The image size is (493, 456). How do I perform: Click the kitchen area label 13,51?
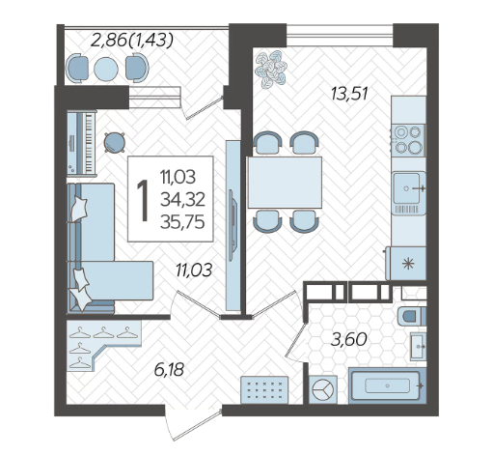coord(349,94)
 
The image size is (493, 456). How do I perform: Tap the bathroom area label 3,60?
coord(349,339)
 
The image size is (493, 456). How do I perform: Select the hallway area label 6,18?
coord(169,370)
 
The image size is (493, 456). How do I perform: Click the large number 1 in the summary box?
coord(143,200)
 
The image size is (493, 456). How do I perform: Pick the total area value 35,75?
coord(182,222)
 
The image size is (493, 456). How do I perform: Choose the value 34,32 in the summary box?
coord(182,200)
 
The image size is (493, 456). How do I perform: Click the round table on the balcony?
coord(106,69)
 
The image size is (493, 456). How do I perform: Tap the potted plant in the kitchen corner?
coord(271,69)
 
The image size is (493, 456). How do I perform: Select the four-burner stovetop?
coord(408,139)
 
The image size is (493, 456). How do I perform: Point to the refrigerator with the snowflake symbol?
coord(406,264)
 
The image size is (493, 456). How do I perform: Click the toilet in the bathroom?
coord(412,316)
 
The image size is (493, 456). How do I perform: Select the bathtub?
coord(387,385)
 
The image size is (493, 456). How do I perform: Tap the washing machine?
coord(323,389)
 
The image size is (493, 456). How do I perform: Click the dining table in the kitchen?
coord(285,183)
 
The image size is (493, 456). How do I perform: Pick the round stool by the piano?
coord(114,142)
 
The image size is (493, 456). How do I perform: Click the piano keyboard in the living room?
coord(82,143)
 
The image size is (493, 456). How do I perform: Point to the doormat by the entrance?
coord(264,389)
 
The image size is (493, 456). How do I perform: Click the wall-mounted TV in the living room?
coord(233,225)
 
